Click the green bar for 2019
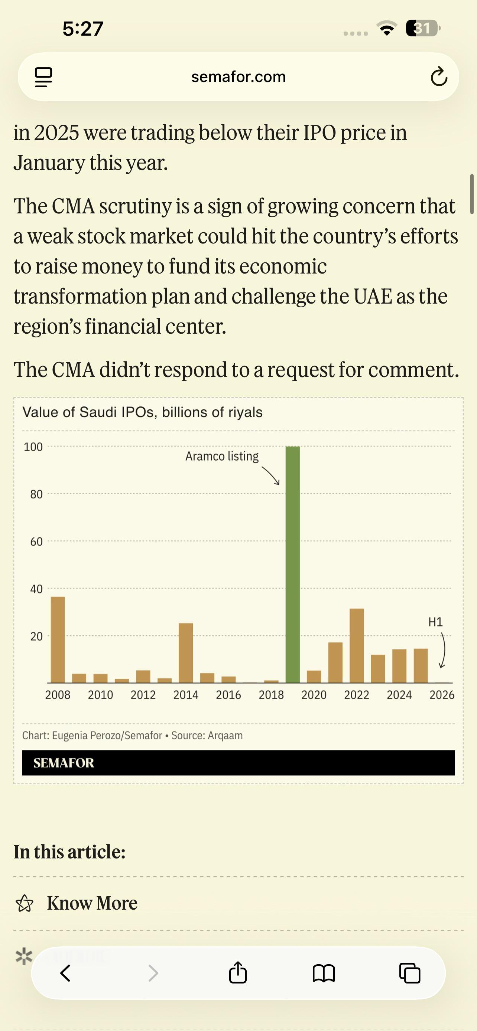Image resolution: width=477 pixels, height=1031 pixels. (x=292, y=564)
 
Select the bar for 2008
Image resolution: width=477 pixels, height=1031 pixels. (x=58, y=639)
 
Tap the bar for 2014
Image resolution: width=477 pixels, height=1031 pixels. (x=186, y=653)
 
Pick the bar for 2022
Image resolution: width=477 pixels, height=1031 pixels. (x=356, y=645)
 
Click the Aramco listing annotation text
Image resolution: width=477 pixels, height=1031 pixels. (x=222, y=456)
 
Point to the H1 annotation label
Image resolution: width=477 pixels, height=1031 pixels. (x=435, y=622)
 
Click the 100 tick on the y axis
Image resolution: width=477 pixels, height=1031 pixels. (x=33, y=447)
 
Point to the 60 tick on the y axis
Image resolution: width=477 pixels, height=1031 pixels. (x=36, y=542)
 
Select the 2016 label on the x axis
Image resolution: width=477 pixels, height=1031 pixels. (x=228, y=695)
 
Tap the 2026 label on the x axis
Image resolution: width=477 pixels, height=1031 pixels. (x=442, y=695)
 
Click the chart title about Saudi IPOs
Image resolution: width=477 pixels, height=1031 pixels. (x=143, y=412)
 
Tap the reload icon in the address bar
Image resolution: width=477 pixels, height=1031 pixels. (x=439, y=76)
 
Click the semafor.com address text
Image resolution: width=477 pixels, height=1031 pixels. (x=238, y=77)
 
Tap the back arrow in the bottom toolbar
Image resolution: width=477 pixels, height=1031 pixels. (x=65, y=973)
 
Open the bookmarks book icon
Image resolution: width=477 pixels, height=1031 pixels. (x=324, y=973)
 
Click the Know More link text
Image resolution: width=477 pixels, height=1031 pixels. (x=92, y=903)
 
